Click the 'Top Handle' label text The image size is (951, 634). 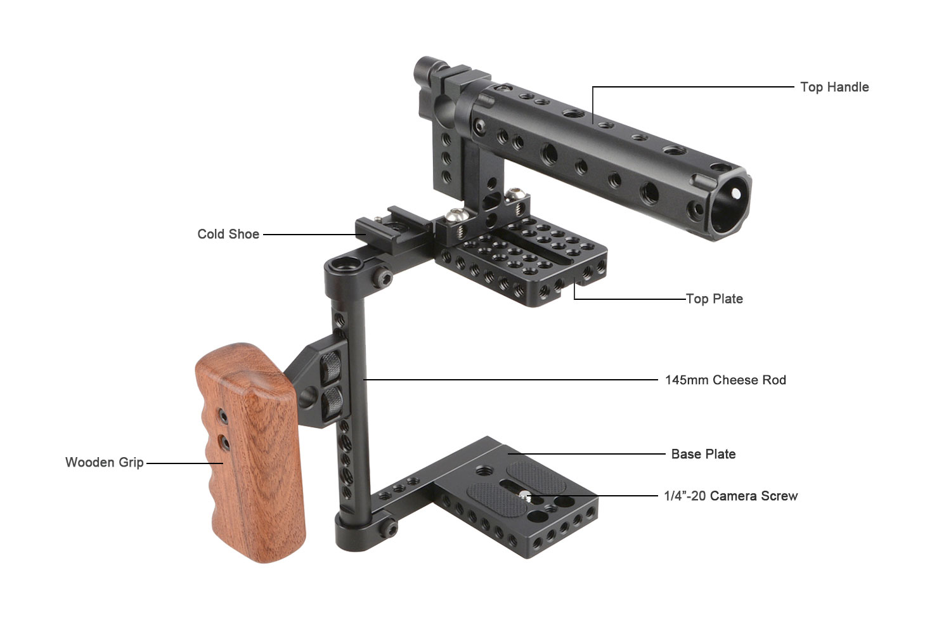tap(834, 87)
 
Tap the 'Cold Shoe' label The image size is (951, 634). tap(228, 234)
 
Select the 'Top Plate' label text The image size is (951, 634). tap(715, 299)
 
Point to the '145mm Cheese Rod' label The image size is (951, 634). tap(725, 380)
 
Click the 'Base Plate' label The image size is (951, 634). tap(703, 454)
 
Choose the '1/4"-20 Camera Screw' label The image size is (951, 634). tap(730, 496)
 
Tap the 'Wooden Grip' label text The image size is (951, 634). tap(104, 462)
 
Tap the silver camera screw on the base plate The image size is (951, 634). tap(524, 495)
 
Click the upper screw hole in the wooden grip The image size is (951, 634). tap(223, 416)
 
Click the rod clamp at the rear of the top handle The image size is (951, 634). tap(437, 82)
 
